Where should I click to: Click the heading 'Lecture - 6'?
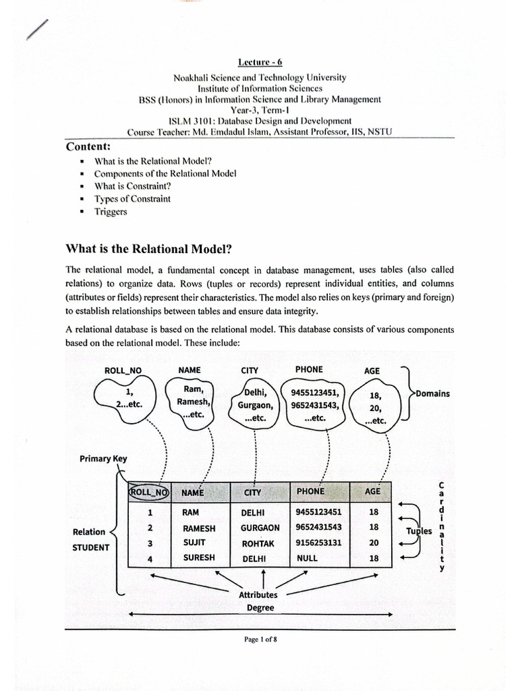[260, 62]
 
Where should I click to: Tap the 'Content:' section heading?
[88, 146]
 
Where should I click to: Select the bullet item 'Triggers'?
[111, 211]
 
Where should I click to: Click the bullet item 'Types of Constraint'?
[132, 198]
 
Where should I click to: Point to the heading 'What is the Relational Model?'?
[148, 248]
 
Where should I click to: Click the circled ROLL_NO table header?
[148, 492]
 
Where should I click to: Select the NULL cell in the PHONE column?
[307, 558]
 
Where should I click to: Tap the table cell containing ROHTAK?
[258, 543]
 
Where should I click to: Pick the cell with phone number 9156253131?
[318, 543]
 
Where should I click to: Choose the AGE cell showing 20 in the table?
[374, 543]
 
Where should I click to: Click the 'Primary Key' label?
[103, 458]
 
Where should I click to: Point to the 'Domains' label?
[432, 393]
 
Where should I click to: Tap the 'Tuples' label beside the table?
[418, 530]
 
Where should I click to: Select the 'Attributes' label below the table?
[258, 595]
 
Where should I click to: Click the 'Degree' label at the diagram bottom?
[260, 607]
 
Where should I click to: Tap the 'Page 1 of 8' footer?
[260, 640]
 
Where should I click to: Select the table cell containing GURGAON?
[260, 528]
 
